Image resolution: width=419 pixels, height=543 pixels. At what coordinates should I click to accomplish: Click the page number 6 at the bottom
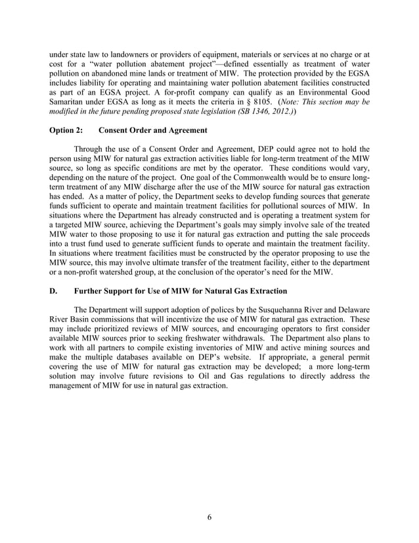coord(209,517)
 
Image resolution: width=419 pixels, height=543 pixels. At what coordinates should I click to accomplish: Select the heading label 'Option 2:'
coord(64,131)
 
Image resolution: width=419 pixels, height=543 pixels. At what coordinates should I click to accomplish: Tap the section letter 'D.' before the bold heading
coord(55,290)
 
